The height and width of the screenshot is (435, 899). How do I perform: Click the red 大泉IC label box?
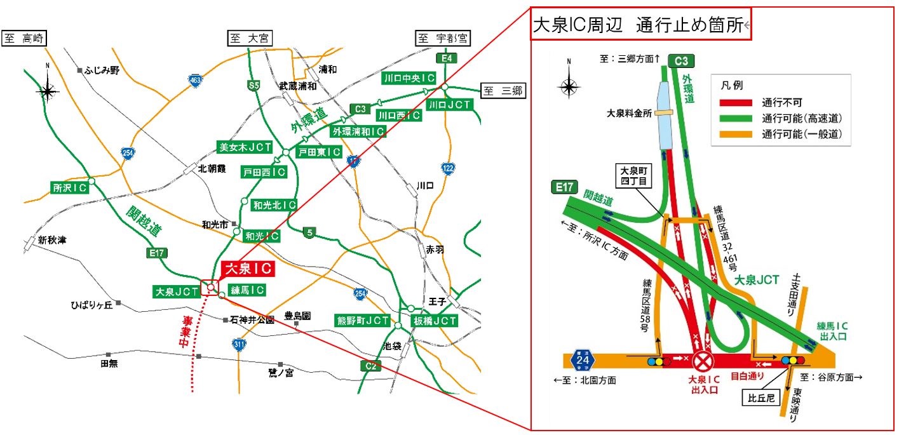(x=248, y=269)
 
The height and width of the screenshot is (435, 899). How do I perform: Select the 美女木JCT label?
(x=245, y=147)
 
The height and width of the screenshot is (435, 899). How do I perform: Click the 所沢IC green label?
(x=69, y=187)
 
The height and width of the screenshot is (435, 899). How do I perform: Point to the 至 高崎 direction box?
(x=25, y=39)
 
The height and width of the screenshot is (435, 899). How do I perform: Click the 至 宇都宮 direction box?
(x=443, y=39)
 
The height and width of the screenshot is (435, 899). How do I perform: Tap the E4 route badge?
(x=447, y=58)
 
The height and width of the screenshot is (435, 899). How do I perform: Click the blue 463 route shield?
(x=195, y=80)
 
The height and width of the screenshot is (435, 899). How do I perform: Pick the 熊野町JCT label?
(x=363, y=321)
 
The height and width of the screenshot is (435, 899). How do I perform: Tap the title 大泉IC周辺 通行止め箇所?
(x=640, y=25)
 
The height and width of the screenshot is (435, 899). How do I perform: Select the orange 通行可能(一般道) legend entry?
(x=781, y=133)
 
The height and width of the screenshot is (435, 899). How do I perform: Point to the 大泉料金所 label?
(x=629, y=114)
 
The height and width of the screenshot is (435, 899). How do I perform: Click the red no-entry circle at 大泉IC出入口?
(x=703, y=362)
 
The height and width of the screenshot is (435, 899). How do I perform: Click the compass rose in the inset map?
(x=569, y=85)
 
